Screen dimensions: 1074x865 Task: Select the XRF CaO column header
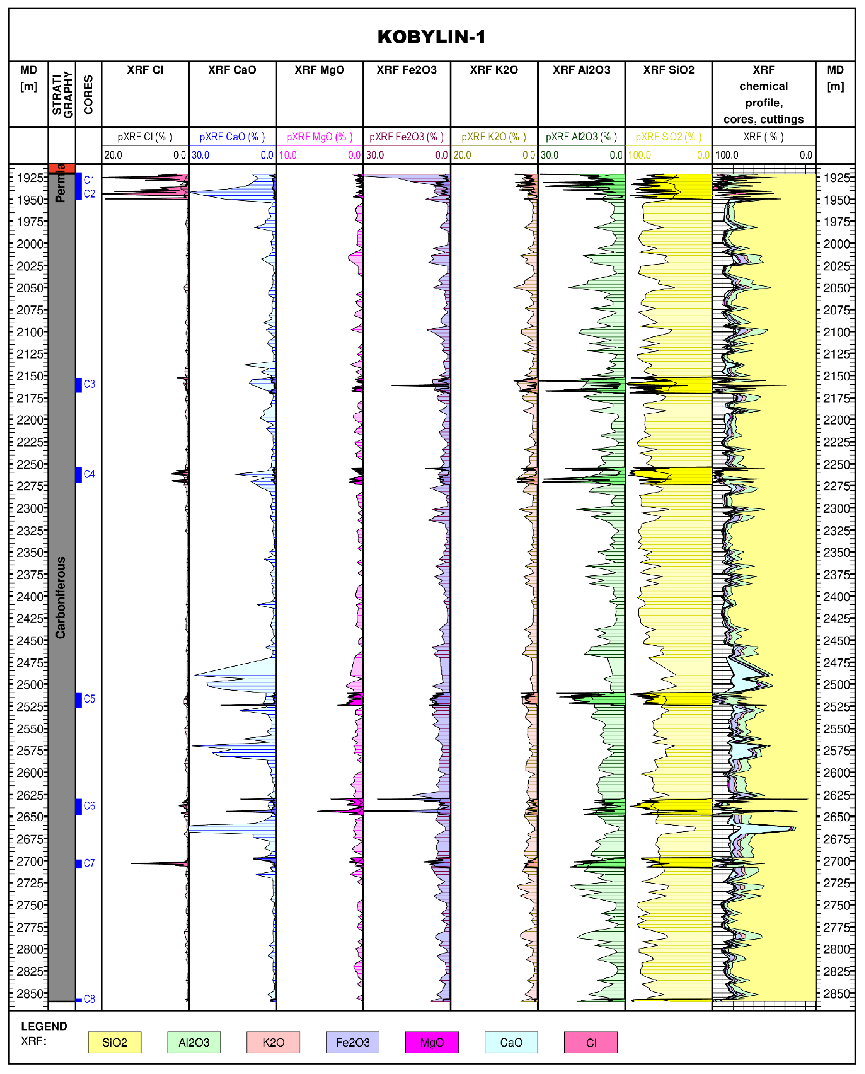(232, 70)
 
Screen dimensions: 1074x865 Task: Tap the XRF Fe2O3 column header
(407, 70)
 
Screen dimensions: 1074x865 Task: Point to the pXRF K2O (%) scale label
(494, 136)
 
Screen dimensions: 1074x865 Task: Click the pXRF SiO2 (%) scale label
(669, 136)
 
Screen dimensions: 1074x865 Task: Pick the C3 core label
(89, 384)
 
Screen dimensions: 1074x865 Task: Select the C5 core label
(89, 699)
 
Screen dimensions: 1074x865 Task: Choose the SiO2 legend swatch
(115, 1042)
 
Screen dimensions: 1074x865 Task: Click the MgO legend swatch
(432, 1042)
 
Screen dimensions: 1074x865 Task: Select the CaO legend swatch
(511, 1042)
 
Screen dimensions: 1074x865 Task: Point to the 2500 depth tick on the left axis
(30, 685)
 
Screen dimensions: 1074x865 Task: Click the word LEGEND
(44, 1026)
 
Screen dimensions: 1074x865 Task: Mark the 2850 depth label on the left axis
(30, 993)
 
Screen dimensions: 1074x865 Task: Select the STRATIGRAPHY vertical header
(62, 95)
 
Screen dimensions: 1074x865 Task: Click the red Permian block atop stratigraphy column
(62, 168)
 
